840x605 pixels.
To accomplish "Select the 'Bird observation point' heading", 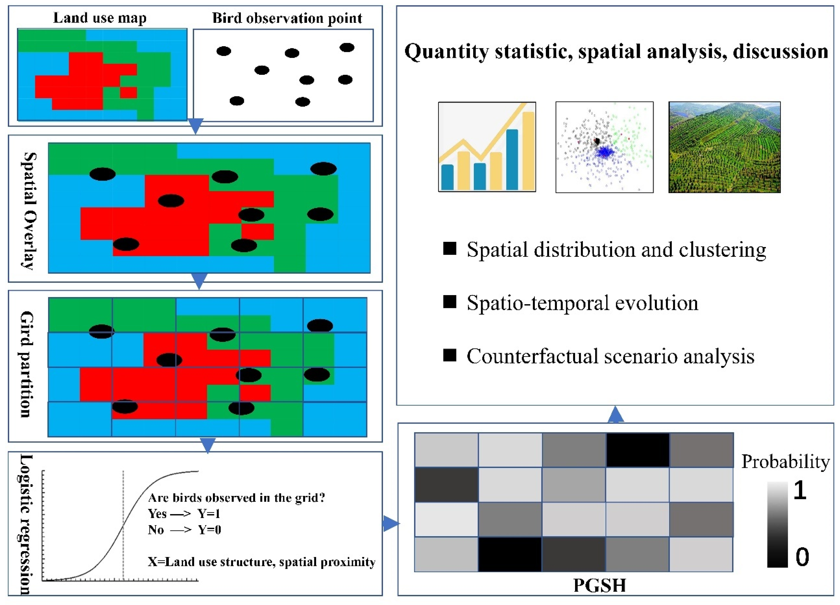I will [287, 18].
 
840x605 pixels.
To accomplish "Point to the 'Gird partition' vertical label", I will [27, 364].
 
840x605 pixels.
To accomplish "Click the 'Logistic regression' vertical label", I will [25, 524].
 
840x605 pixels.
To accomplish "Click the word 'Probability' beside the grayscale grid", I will [785, 462].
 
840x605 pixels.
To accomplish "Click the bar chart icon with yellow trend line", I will [487, 147].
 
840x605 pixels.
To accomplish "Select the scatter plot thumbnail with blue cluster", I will [604, 147].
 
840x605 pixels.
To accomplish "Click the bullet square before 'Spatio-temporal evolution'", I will [450, 302].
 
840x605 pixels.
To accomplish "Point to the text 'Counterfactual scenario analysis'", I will [610, 356].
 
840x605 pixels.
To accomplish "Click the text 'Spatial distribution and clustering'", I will [616, 250].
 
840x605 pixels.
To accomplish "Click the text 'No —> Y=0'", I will [184, 530].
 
